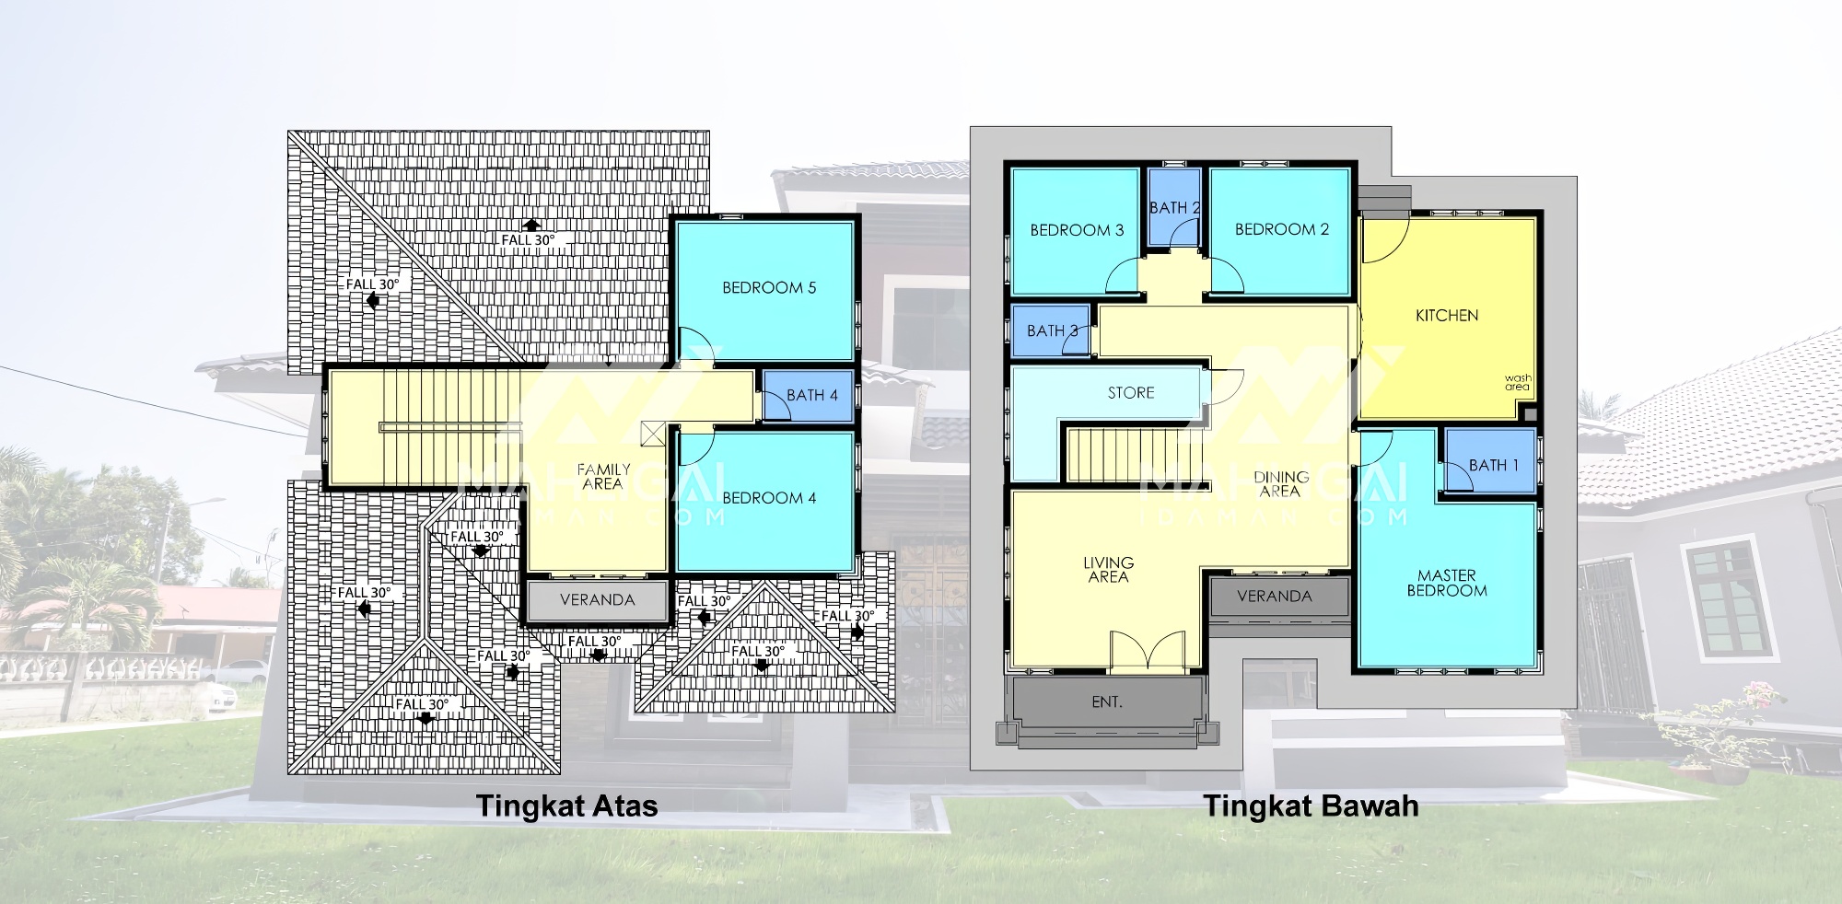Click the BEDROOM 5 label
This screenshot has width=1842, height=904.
[x=769, y=288]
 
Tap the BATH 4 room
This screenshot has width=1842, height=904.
[x=806, y=396]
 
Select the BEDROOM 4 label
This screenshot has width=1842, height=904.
[x=769, y=498]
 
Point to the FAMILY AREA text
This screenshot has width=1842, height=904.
[x=603, y=476]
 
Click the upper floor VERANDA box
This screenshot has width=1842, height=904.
[x=597, y=600]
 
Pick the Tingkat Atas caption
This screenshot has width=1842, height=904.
[x=567, y=806]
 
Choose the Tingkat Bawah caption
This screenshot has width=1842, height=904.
[x=1312, y=806]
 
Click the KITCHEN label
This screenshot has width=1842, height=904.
[x=1447, y=316]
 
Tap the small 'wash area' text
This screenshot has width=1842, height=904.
[x=1518, y=382]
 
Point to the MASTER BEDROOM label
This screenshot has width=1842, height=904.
[x=1447, y=583]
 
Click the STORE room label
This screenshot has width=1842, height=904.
[x=1131, y=393]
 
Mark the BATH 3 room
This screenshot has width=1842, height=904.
[x=1050, y=330]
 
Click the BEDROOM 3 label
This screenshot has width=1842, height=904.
[x=1077, y=230]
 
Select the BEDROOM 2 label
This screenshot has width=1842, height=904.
[x=1282, y=229]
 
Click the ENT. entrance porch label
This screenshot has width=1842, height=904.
[x=1107, y=702]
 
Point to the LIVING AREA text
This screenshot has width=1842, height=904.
[x=1108, y=570]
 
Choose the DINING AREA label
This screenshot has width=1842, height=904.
[x=1281, y=484]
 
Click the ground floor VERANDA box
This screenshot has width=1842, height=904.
[x=1275, y=597]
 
